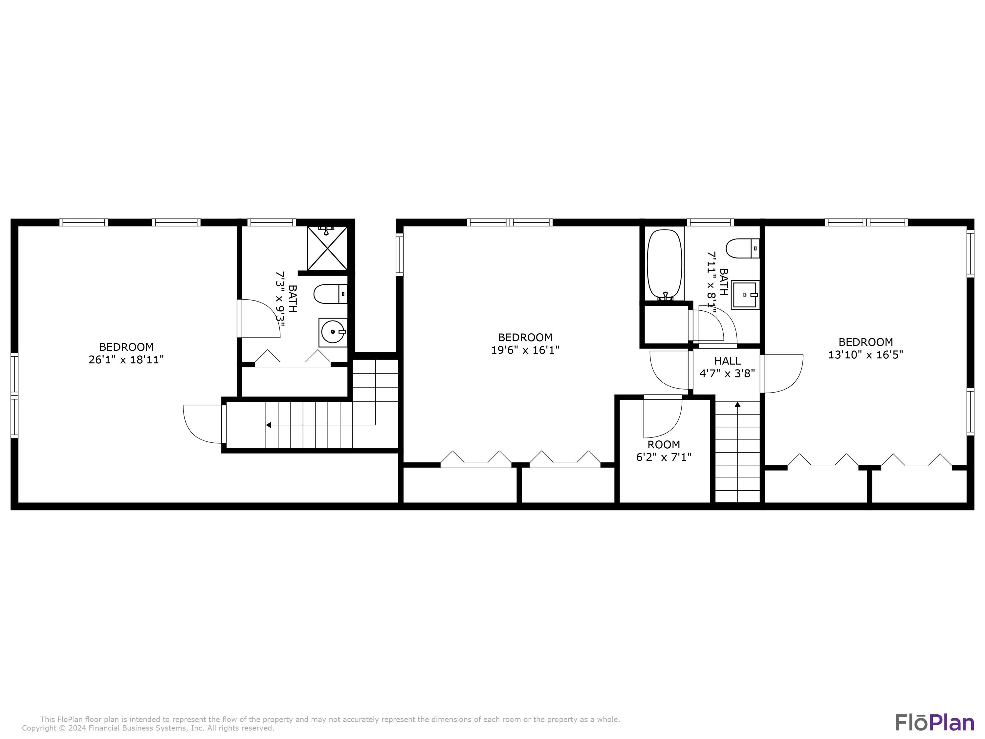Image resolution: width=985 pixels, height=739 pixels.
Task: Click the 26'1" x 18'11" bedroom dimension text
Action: pyautogui.click(x=126, y=359)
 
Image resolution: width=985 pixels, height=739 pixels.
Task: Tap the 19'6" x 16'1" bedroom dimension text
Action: pyautogui.click(x=525, y=350)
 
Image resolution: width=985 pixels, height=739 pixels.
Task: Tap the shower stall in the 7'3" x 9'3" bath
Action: pyautogui.click(x=327, y=249)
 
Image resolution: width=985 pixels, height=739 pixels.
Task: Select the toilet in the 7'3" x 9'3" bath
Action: pyautogui.click(x=330, y=294)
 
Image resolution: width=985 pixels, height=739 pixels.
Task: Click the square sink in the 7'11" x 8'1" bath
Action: pyautogui.click(x=745, y=295)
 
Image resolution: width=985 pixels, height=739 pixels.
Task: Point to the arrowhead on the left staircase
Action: pyautogui.click(x=269, y=425)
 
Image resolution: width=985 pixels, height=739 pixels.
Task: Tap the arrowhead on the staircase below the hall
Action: pyautogui.click(x=737, y=404)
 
